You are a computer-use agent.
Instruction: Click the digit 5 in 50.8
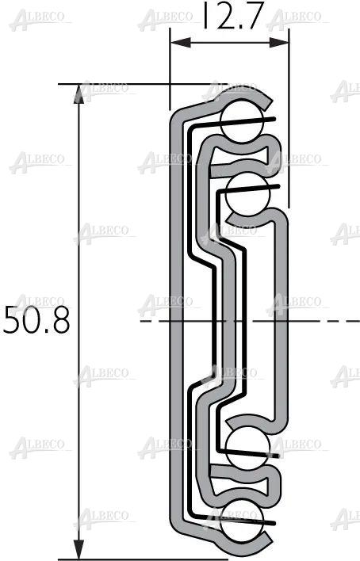click(x=13, y=321)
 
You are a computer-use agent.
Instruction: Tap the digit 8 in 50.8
click(x=60, y=321)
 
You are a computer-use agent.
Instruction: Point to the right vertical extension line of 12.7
click(x=287, y=119)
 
